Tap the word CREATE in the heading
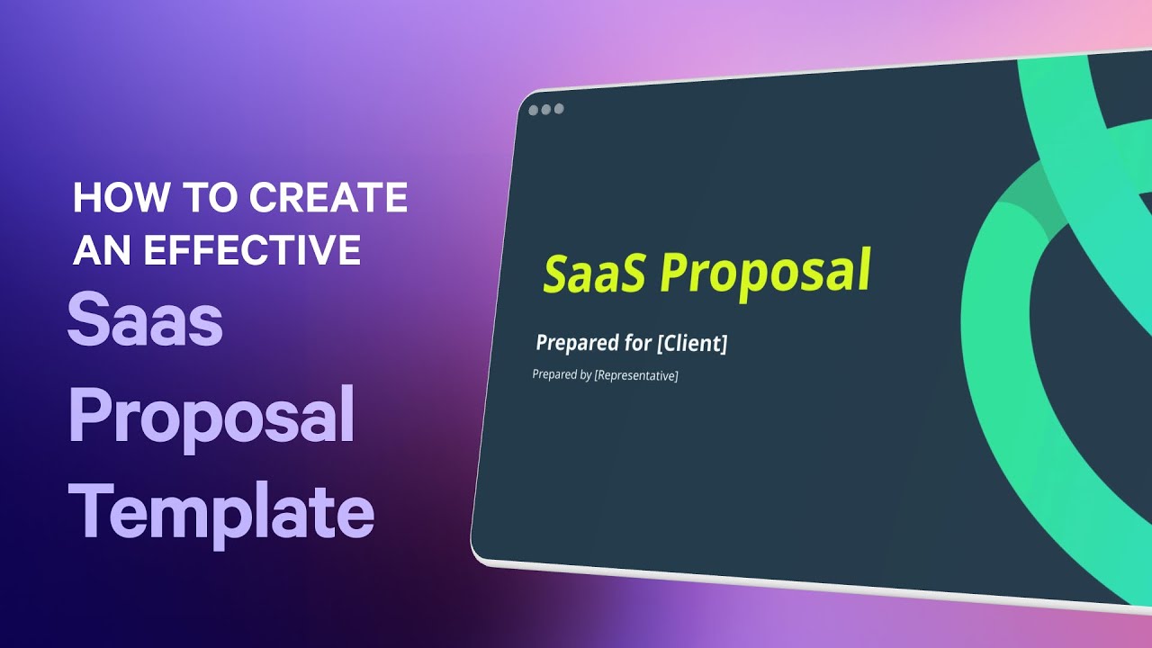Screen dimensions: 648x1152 [328, 198]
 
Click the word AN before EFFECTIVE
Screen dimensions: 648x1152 [96, 249]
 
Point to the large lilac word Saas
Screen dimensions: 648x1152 [145, 321]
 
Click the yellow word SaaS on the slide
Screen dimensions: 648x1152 [593, 273]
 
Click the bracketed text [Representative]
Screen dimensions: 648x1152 [635, 375]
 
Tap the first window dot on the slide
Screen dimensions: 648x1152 [534, 110]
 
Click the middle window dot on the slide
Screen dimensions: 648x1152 [546, 110]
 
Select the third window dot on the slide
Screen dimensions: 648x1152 [559, 109]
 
